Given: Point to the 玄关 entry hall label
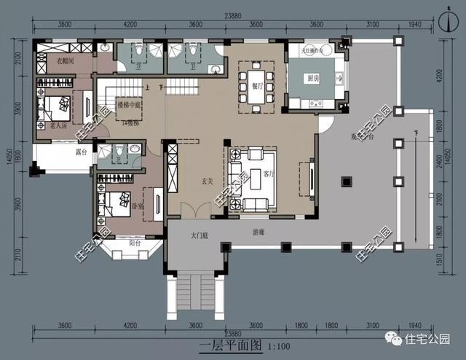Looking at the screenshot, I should pos(207,182).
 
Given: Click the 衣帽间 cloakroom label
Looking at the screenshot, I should pos(66,61).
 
